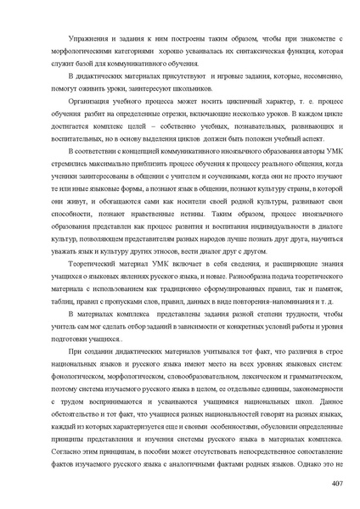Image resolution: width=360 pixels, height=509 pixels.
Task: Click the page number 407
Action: tap(335, 484)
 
